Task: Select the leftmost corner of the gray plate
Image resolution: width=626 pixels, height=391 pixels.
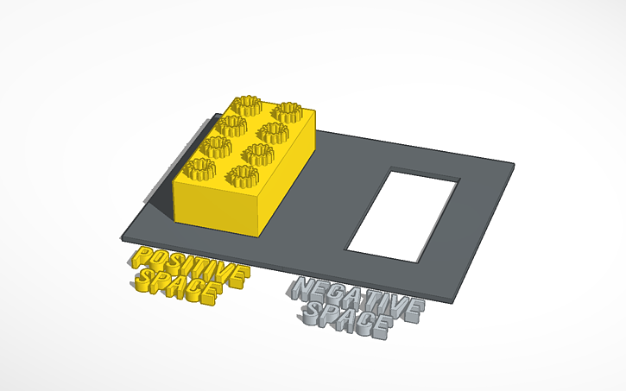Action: click(x=122, y=232)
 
